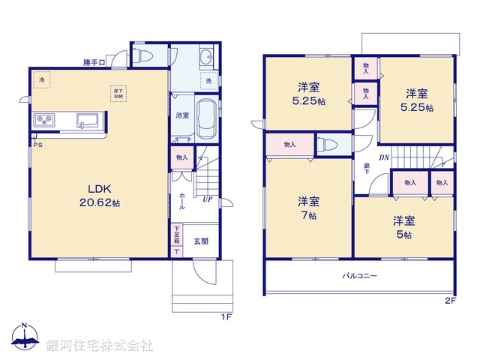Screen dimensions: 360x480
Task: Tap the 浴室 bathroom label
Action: [182, 115]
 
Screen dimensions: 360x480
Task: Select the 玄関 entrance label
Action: [201, 241]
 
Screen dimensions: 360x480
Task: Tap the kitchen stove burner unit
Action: [41, 120]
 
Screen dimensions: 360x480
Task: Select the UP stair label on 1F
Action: [206, 199]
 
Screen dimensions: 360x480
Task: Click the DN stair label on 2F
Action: [383, 157]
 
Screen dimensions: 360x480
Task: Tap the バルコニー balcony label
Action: [360, 276]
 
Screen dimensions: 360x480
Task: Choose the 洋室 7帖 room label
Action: [308, 207]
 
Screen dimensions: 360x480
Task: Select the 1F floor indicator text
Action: [224, 317]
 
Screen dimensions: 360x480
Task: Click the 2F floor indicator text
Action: [450, 301]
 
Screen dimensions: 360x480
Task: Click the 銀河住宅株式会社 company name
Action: [100, 345]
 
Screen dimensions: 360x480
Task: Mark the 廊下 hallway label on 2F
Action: [367, 169]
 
